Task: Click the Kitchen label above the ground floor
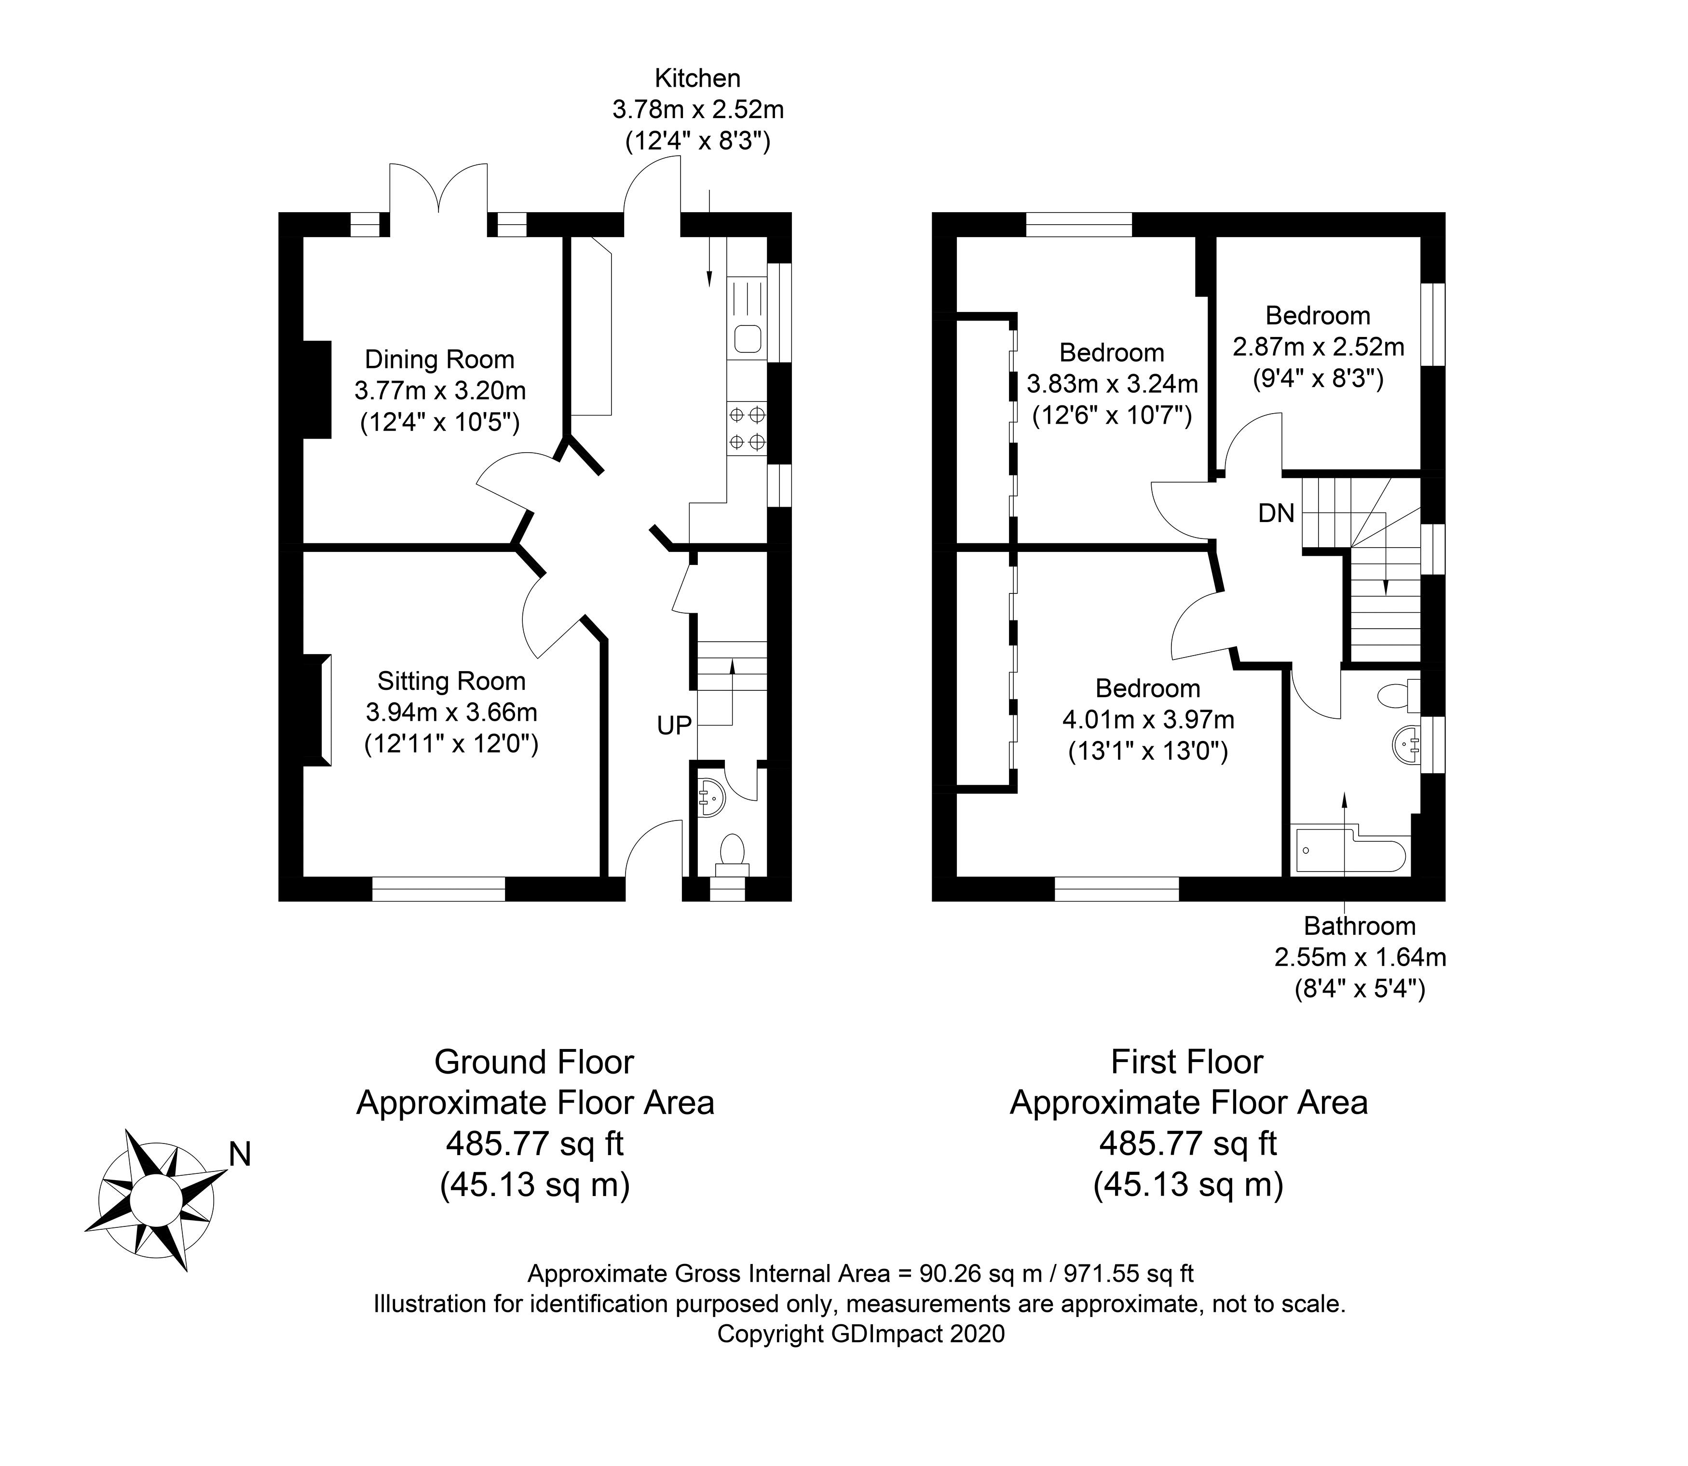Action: (x=697, y=79)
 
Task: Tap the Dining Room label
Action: (x=439, y=359)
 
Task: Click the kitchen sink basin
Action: (x=748, y=338)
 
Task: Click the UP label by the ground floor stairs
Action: (x=674, y=725)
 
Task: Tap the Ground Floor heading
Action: (x=534, y=1063)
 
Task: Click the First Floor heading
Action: (x=1187, y=1063)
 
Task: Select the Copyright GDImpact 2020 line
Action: (x=861, y=1334)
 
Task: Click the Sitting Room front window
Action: (x=438, y=889)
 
